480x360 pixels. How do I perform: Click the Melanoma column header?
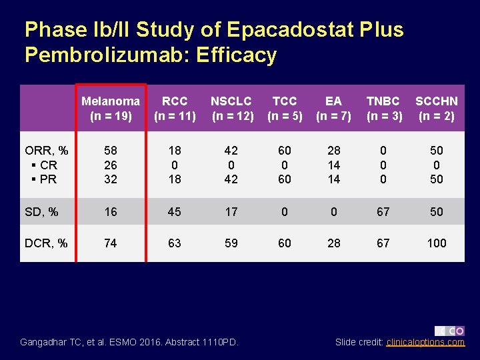111,108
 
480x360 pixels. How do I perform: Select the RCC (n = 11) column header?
175,108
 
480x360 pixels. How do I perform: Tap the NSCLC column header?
231,108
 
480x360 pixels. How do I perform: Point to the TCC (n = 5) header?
285,108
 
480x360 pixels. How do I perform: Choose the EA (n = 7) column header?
333,108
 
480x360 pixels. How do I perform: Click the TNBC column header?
383,108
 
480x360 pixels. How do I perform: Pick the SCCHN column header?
437,108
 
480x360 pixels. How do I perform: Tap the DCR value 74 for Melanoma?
111,243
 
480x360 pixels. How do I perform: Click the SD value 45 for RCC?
175,212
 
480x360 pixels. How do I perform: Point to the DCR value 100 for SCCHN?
437,243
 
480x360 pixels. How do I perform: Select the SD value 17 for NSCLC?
231,212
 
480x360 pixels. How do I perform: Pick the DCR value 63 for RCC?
175,243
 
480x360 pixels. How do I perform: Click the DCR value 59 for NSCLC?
231,243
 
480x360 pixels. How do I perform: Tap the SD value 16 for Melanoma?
111,212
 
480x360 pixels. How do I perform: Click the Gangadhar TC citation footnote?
129,342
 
